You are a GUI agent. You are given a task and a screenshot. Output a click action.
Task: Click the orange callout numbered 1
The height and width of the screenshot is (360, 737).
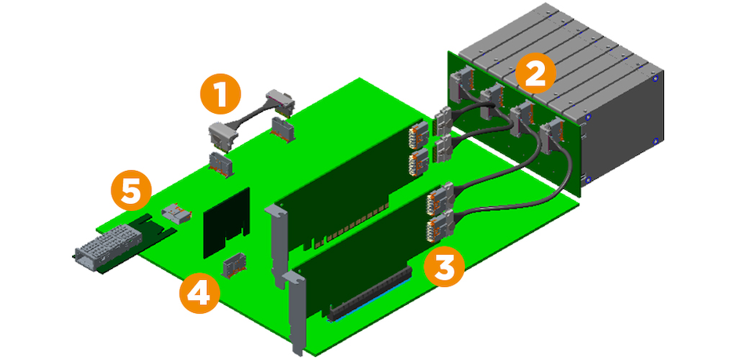pyautogui.click(x=220, y=95)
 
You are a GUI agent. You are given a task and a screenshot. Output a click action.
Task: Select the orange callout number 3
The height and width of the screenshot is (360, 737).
pyautogui.click(x=444, y=267)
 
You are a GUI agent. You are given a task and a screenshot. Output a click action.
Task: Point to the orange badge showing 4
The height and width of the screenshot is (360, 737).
pyautogui.click(x=199, y=294)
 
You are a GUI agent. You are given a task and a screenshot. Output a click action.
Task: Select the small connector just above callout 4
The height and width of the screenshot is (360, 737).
pyautogui.click(x=233, y=267)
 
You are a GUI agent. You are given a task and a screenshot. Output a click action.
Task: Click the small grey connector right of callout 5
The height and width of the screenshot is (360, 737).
pyautogui.click(x=175, y=213)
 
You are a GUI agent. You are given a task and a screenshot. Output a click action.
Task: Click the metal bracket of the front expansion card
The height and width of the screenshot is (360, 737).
pyautogui.click(x=296, y=310)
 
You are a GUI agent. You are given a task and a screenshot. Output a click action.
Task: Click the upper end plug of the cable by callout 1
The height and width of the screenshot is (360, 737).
pyautogui.click(x=281, y=100)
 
